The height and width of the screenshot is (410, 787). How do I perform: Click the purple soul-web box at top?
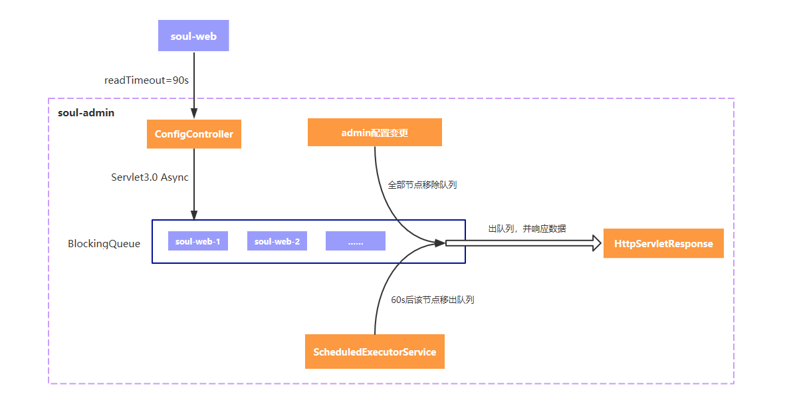pos(193,36)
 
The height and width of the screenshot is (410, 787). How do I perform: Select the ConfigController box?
pos(194,134)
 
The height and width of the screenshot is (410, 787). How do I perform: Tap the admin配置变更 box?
pos(375,132)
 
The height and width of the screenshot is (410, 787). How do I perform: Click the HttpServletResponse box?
pos(663,244)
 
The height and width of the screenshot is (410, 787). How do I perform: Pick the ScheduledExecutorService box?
pos(374,352)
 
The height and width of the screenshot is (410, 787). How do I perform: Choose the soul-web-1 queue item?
pos(198,241)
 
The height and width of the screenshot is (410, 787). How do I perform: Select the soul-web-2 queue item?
pos(277,241)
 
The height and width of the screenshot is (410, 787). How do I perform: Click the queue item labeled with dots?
pos(356,241)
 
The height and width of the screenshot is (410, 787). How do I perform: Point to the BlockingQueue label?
pos(104,244)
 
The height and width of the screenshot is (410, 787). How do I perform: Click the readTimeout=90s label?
pos(147,80)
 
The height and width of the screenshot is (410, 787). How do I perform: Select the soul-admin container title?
pos(86,113)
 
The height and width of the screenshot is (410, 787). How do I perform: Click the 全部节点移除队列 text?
pos(422,185)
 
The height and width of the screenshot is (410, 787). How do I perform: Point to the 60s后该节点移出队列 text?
pos(433,300)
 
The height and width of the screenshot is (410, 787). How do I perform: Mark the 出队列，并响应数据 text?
pos(527,229)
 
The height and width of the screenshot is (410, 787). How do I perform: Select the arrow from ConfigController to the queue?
pos(194,183)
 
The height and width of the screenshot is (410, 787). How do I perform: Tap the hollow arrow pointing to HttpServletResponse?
pos(522,243)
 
